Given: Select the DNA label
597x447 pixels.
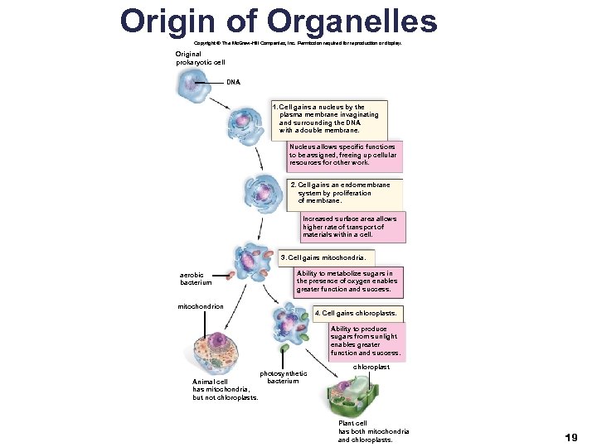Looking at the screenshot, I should (234, 82).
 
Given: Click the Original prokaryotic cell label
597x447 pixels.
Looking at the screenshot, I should (200, 58).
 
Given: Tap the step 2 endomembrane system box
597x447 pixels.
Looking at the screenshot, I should (344, 193).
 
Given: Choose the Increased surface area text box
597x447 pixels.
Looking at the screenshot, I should (349, 227).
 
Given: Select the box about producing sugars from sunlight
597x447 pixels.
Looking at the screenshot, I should (365, 341).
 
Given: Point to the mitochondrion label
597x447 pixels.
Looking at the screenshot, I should (201, 307).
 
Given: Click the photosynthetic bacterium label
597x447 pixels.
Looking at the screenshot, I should (283, 377).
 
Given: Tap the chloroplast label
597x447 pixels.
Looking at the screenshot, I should (371, 366).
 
